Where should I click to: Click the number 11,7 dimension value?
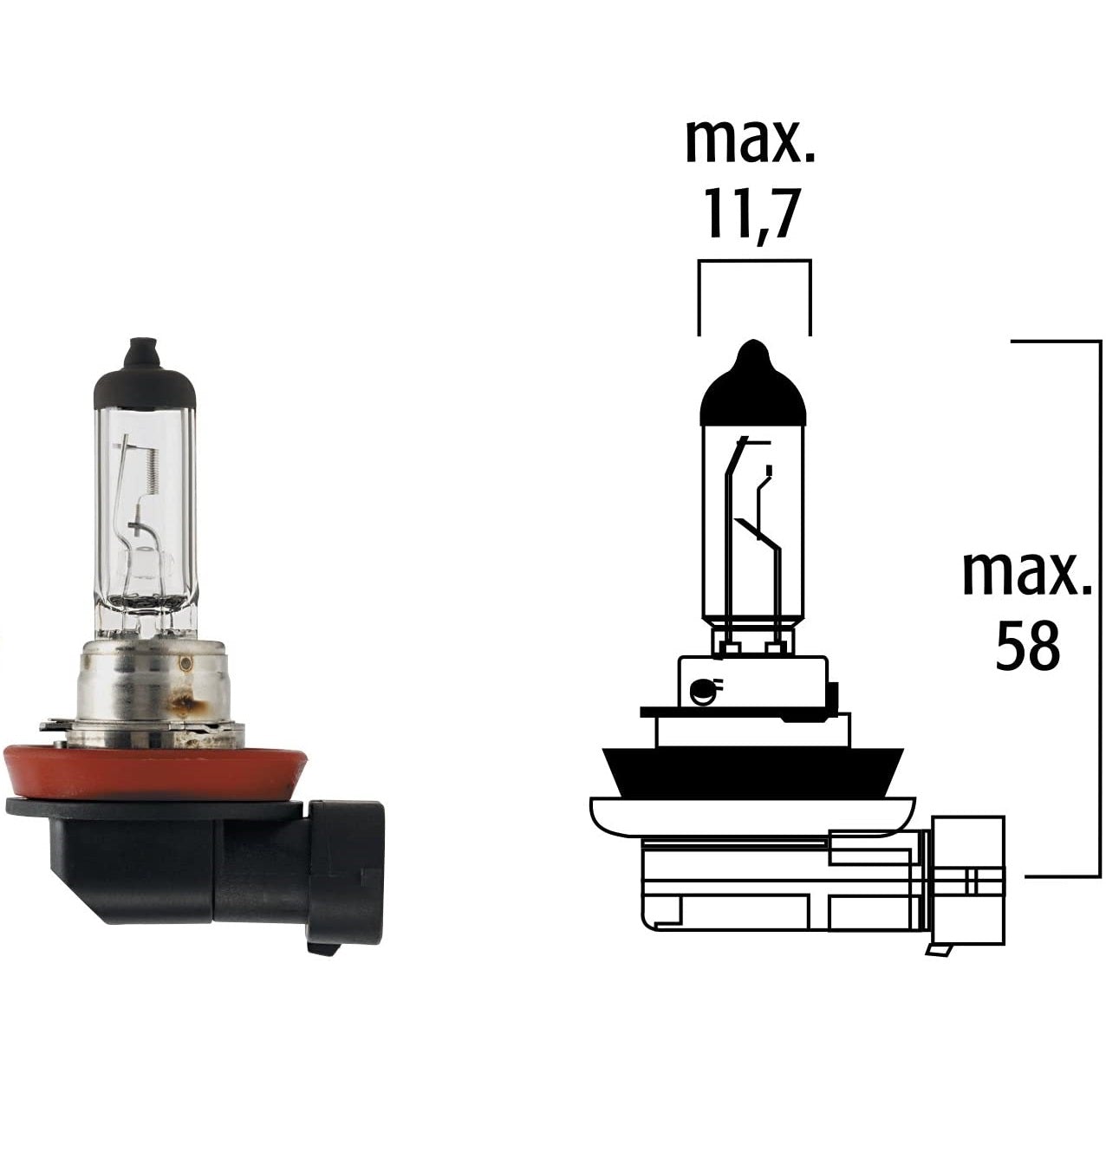coord(751,214)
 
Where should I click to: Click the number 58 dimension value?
coord(1027,646)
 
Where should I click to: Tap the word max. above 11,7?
coord(751,141)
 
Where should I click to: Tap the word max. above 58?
coord(1027,573)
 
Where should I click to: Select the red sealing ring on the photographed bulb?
coord(156,771)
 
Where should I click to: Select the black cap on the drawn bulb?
coord(752,390)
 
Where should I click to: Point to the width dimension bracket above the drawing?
coord(754,261)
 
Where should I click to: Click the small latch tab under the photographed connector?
coord(322,949)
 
